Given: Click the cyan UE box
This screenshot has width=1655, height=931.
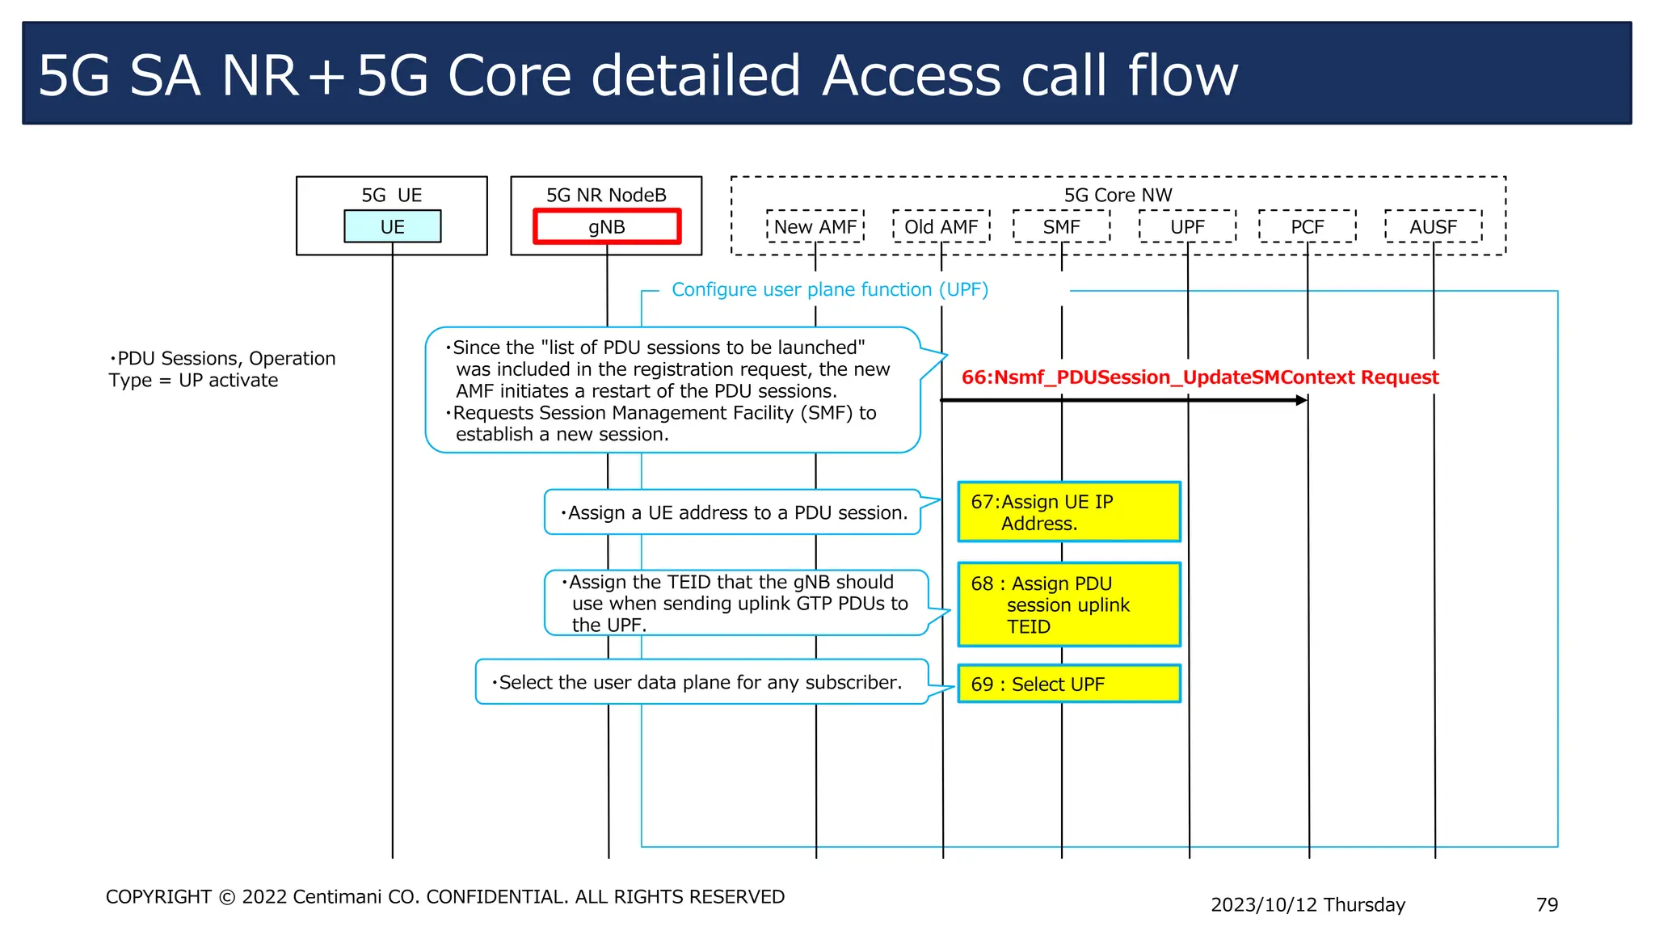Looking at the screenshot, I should tap(392, 226).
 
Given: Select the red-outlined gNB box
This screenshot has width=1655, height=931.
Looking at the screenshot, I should tap(606, 226).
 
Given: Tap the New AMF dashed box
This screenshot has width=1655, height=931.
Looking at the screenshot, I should tap(815, 226).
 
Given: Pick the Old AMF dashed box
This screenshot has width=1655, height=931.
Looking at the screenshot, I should tap(941, 226).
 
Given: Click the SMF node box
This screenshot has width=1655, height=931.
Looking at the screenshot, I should tap(1061, 226).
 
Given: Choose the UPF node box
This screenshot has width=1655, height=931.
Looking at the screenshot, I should tap(1187, 226).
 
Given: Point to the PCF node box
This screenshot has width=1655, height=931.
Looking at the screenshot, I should tap(1307, 226).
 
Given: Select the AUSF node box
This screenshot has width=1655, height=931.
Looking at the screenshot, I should tap(1433, 226).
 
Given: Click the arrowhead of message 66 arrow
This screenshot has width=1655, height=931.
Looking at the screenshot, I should tap(1302, 400).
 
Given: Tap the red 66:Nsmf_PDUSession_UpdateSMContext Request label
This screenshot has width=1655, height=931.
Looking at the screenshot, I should tap(1200, 377).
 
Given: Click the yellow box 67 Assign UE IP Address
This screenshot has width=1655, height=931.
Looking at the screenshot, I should tap(1068, 512).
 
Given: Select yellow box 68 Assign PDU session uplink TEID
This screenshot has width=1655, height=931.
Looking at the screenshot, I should tap(1068, 605).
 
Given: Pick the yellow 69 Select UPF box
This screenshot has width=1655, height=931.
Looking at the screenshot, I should tap(1068, 684).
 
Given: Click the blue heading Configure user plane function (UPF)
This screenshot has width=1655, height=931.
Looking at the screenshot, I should tap(830, 289).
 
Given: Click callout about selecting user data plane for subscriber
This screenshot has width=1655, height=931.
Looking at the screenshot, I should tap(701, 682).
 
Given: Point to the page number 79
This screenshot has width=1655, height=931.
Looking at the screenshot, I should tap(1547, 904).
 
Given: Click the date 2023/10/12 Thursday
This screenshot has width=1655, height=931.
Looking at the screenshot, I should tap(1308, 904).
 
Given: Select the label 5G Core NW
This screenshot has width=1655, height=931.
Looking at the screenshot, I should tap(1118, 195).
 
